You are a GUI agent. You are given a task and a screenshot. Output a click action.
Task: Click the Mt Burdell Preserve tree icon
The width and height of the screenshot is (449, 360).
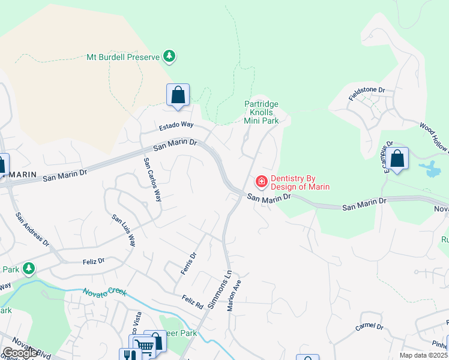[x=170, y=56]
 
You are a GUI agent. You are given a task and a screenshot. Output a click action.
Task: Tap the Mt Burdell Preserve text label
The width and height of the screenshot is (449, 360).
[x=123, y=57]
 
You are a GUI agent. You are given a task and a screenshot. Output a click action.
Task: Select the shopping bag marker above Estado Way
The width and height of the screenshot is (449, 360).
[x=178, y=95]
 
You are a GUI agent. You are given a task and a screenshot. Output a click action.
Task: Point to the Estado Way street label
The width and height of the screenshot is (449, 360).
[x=176, y=125]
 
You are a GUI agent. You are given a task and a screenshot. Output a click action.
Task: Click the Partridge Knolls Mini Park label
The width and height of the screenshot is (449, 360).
[x=261, y=112]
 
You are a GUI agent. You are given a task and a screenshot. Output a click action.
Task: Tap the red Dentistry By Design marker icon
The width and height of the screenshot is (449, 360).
[x=261, y=181]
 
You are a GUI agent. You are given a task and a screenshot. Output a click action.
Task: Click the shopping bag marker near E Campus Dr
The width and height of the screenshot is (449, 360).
[x=397, y=159]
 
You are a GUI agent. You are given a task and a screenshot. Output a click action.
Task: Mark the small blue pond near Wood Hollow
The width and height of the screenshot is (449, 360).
[x=431, y=169]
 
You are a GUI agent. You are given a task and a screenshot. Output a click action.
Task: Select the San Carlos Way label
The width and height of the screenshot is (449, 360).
[x=152, y=179]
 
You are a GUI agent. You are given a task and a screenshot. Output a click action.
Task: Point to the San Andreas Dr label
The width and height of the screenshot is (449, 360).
[x=33, y=231]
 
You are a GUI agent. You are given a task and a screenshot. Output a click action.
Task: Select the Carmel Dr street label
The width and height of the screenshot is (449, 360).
[x=369, y=326]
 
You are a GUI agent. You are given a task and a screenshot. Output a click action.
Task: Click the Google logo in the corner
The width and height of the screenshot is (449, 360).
[x=20, y=353]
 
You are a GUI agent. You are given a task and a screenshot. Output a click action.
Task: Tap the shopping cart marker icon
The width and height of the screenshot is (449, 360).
[x=144, y=346]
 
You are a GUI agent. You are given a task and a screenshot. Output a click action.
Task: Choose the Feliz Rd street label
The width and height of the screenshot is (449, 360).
[x=191, y=301]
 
